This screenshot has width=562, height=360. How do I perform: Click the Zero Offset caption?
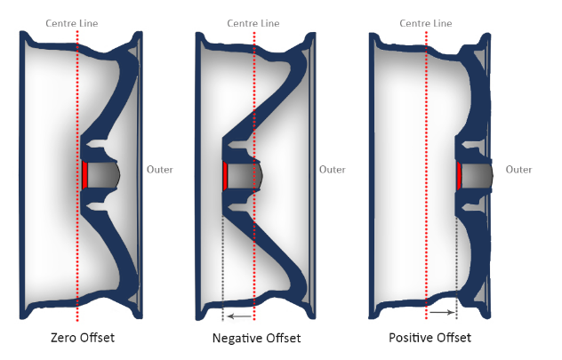click(83, 338)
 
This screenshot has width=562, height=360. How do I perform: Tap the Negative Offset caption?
click(256, 338)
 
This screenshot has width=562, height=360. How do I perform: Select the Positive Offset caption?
click(430, 338)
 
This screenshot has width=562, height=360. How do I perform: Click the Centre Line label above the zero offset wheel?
click(72, 23)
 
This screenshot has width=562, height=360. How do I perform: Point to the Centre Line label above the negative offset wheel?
click(253, 23)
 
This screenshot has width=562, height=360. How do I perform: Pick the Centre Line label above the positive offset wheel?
click(426, 23)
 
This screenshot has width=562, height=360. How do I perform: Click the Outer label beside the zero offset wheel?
click(160, 170)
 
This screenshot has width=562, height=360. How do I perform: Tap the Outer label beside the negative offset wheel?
click(333, 170)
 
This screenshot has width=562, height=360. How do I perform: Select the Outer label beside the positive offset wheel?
click(518, 170)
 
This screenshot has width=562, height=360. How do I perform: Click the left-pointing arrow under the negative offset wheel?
click(239, 316)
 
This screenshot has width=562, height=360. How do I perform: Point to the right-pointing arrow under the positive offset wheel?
click(442, 313)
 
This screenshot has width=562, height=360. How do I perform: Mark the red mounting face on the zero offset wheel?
click(84, 175)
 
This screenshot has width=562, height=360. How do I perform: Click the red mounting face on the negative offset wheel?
click(225, 175)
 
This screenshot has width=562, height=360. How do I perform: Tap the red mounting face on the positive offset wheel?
click(459, 176)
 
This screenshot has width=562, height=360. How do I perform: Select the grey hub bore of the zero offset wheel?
click(103, 175)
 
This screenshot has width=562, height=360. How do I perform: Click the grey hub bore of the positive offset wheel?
click(478, 175)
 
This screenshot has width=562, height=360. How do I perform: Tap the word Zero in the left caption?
click(63, 338)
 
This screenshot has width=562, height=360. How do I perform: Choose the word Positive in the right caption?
click(408, 338)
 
